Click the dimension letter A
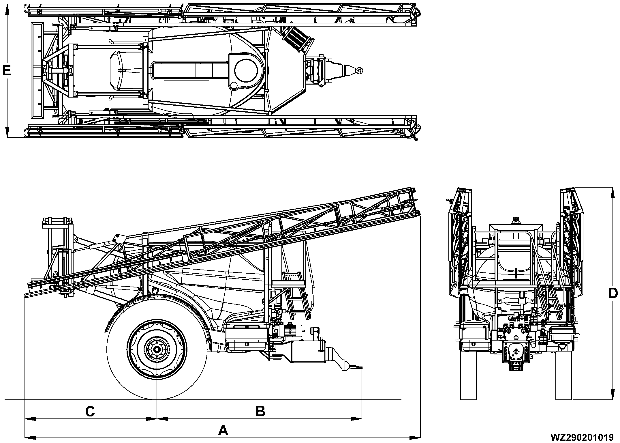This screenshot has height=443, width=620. pos(223,431)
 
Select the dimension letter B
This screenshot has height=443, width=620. pos(260,411)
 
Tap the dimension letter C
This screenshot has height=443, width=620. pos(90,412)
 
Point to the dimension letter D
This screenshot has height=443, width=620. pos(613,294)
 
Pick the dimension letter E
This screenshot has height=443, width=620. pos(6,70)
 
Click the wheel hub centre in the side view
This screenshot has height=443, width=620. pos(157,349)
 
